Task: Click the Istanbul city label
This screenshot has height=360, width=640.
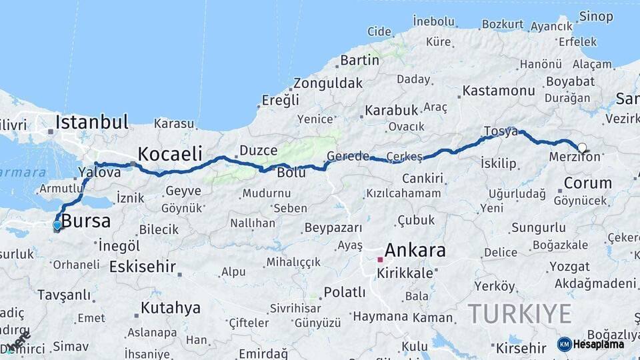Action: (x=92, y=122)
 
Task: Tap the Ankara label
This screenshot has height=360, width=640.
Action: (x=415, y=251)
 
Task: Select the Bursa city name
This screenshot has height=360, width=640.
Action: (x=86, y=221)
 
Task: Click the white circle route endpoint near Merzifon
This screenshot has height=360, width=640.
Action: (x=582, y=148)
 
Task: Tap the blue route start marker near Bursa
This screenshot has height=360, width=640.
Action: (x=57, y=225)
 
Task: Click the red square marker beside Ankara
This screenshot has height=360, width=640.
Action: (x=380, y=259)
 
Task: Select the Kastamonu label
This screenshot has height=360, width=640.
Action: (x=499, y=90)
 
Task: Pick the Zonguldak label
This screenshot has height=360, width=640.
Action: (x=328, y=83)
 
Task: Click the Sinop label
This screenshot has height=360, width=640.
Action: (x=596, y=16)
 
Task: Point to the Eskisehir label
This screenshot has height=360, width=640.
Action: (x=142, y=267)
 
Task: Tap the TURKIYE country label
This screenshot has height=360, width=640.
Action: (x=519, y=313)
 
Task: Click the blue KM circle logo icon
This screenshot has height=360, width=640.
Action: (x=565, y=344)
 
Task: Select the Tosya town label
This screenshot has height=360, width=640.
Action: (x=500, y=131)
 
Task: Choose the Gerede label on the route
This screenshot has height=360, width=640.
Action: (x=347, y=157)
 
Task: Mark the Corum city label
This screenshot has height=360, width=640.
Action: (x=587, y=183)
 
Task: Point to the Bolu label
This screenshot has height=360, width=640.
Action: (x=291, y=173)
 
